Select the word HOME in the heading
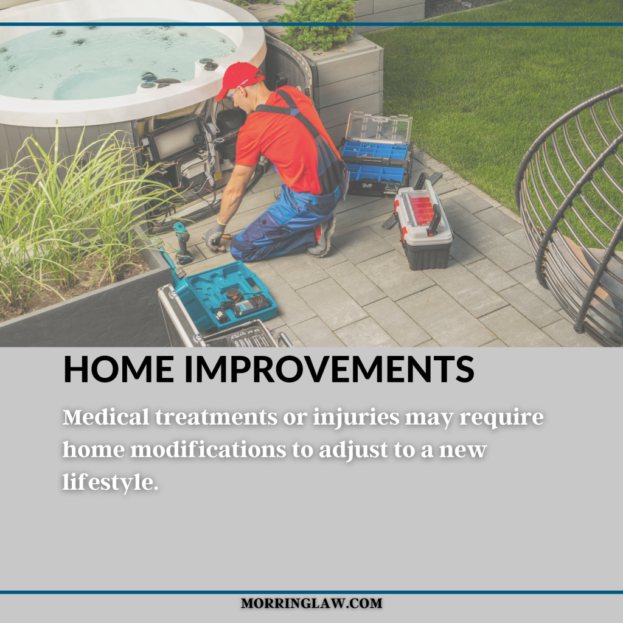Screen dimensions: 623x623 click(119, 369)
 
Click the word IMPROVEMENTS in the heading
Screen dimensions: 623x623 click(329, 369)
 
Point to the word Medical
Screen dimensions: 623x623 click(106, 417)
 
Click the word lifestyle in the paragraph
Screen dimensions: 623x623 click(110, 482)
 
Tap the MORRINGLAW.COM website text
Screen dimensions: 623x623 click(311, 603)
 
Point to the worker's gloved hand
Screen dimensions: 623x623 click(215, 237)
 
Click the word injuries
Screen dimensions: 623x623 click(356, 418)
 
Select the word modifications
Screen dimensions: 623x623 click(209, 450)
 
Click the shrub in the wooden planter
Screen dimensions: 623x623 click(318, 24)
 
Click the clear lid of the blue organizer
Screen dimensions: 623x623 click(378, 127)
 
